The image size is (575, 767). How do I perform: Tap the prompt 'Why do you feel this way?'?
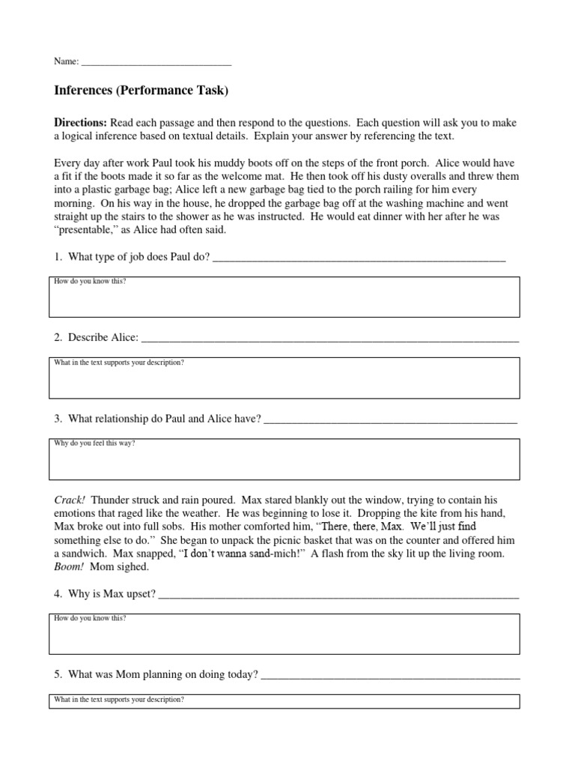click(x=95, y=443)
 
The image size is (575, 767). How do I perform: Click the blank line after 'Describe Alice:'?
click(x=329, y=339)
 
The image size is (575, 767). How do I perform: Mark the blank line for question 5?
click(x=390, y=676)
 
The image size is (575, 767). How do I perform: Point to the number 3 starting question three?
click(x=57, y=419)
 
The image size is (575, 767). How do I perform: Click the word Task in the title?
click(x=212, y=91)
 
